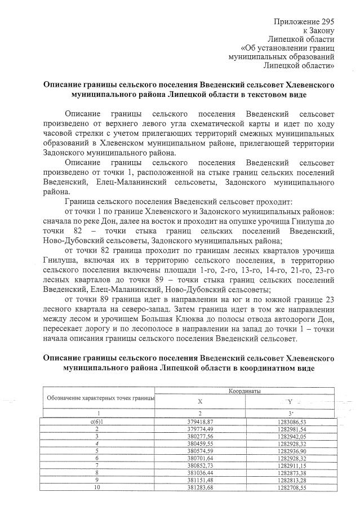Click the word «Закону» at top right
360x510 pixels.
tap(322, 30)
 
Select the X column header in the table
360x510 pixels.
tap(199, 402)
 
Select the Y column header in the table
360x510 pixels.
tap(291, 402)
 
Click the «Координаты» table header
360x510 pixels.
tap(245, 391)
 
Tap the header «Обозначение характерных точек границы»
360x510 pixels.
tap(99, 398)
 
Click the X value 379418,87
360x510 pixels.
tap(199, 422)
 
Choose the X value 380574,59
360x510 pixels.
tap(199, 452)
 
